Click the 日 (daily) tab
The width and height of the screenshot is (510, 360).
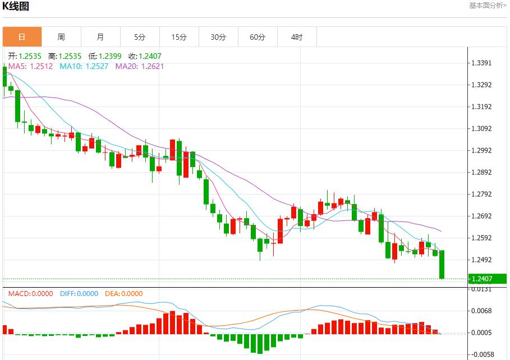point(22,37)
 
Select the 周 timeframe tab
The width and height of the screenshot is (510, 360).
point(61,37)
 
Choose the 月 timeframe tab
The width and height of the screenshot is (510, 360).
point(100,37)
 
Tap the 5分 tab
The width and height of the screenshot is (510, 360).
point(140,37)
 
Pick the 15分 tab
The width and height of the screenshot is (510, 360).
point(179,37)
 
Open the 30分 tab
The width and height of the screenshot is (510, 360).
point(218,37)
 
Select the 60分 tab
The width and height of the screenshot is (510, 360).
point(258,37)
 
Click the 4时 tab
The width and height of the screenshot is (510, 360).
point(297,37)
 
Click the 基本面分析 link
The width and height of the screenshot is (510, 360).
point(488,6)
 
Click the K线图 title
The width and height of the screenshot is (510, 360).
point(16,7)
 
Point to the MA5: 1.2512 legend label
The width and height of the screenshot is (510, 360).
point(30,66)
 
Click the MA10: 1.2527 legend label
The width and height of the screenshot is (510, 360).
point(85,66)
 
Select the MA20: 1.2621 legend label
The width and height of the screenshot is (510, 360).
point(140,66)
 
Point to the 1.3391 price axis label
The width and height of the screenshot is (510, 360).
point(483,63)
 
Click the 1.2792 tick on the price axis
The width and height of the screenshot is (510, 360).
point(483,195)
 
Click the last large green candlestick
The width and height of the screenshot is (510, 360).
point(442,264)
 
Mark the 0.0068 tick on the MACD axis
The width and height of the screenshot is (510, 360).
point(483,311)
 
